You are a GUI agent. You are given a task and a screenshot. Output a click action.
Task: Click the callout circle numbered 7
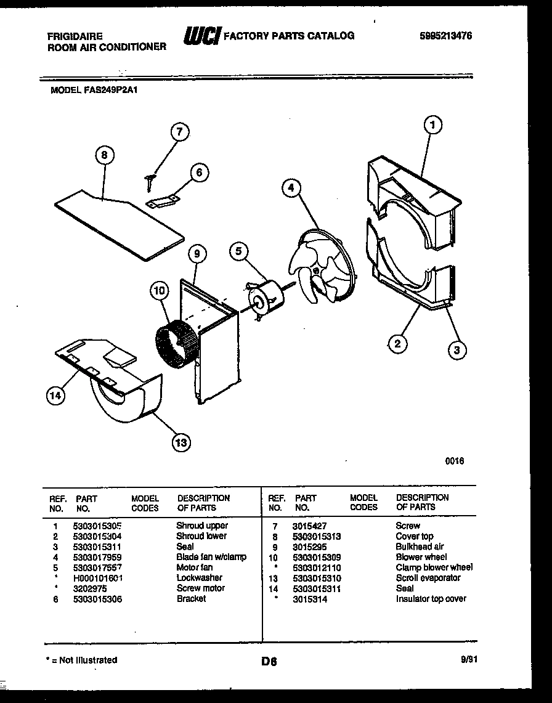point(179,132)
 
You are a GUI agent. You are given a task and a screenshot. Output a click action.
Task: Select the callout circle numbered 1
point(432,125)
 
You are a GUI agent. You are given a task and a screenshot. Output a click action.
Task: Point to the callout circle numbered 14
point(55,396)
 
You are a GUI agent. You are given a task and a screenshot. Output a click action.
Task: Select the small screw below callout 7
point(150,180)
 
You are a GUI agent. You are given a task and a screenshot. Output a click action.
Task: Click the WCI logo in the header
point(201,37)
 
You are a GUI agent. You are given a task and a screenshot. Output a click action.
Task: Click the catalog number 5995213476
point(445,36)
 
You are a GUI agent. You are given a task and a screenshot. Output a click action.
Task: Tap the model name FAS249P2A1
point(114,89)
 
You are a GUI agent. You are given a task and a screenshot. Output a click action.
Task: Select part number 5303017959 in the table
point(97,557)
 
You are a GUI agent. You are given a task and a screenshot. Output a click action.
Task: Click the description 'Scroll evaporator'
point(428,578)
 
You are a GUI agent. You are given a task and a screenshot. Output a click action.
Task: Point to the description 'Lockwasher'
point(199,578)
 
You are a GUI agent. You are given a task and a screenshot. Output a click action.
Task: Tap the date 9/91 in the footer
point(469,659)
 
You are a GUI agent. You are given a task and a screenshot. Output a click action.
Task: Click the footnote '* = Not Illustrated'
point(82,660)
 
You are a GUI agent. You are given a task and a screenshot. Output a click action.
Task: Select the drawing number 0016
point(455,461)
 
